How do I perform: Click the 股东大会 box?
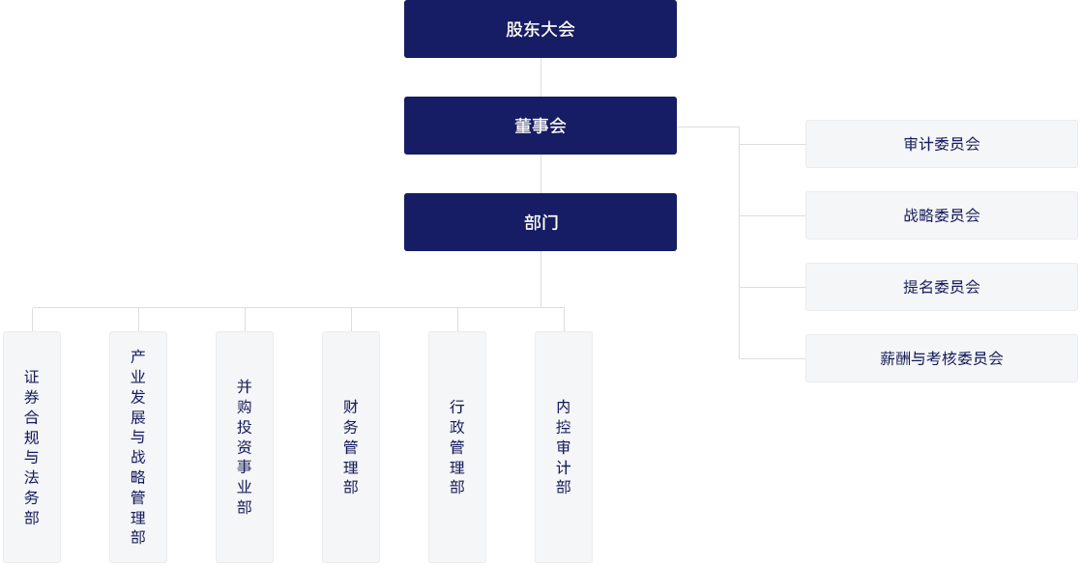[x=540, y=29]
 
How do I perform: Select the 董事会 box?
[x=540, y=126]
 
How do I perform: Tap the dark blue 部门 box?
[x=540, y=222]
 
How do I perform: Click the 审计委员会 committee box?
[x=941, y=144]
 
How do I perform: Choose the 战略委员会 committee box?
[x=941, y=215]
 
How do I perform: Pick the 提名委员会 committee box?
[x=941, y=287]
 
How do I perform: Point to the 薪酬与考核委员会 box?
[x=941, y=358]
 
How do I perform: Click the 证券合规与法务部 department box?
[x=32, y=447]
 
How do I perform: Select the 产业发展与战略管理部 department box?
[x=138, y=447]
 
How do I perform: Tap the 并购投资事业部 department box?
[x=245, y=447]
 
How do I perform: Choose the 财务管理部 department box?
[x=351, y=447]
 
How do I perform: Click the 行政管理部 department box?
[x=457, y=447]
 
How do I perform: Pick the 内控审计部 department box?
[x=564, y=447]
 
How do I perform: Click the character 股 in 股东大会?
[x=514, y=29]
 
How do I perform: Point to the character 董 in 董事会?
[x=523, y=126]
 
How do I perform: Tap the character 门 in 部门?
[x=550, y=222]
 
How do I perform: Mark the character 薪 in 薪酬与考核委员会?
[x=888, y=358]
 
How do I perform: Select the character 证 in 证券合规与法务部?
[x=32, y=377]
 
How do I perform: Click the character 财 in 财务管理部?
[x=351, y=407]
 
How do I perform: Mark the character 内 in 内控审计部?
[x=564, y=407]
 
